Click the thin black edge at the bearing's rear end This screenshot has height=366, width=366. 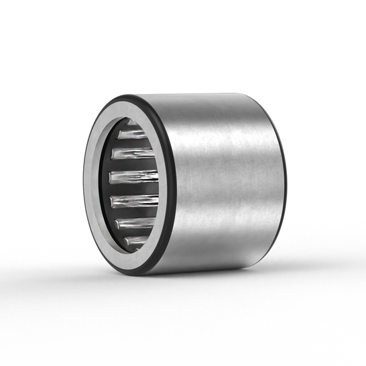(x=285, y=180)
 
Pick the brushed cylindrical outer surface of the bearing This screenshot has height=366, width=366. (x=226, y=180)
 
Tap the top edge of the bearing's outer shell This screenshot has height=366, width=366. (x=200, y=95)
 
